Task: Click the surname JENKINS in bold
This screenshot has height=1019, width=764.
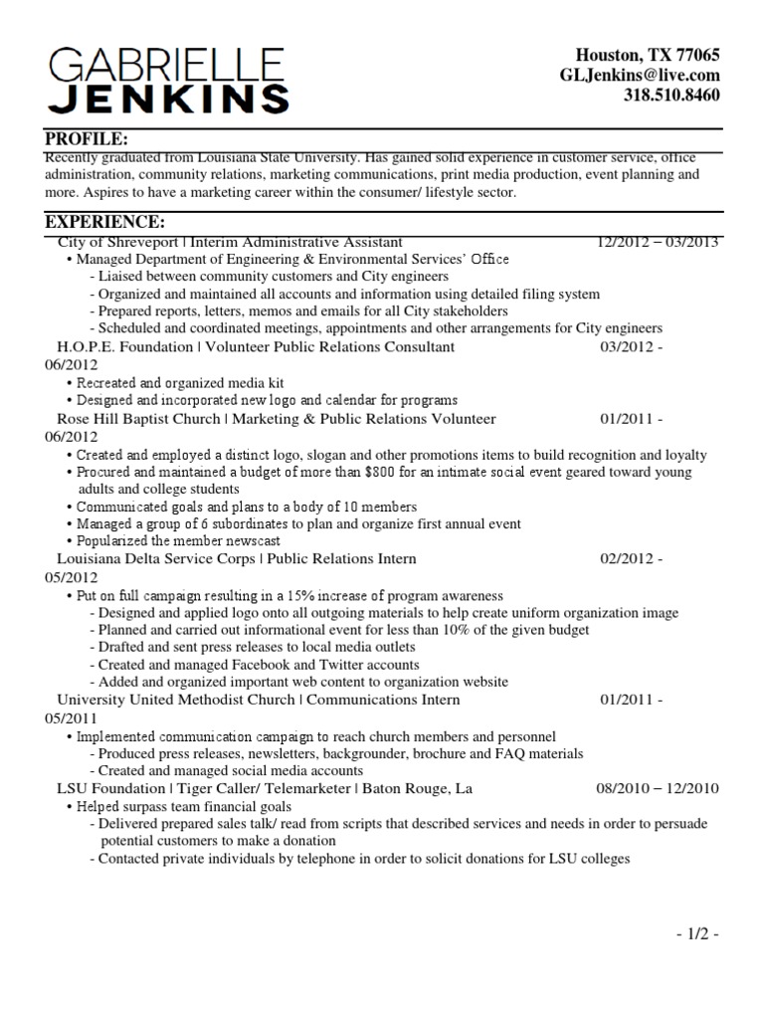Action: (x=169, y=99)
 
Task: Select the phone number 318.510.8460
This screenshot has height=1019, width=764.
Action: (x=671, y=96)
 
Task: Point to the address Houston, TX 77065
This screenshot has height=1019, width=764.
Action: (x=648, y=55)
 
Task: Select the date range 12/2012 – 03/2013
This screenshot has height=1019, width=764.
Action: (x=658, y=242)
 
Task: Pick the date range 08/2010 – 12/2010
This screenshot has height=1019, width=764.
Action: (x=657, y=788)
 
